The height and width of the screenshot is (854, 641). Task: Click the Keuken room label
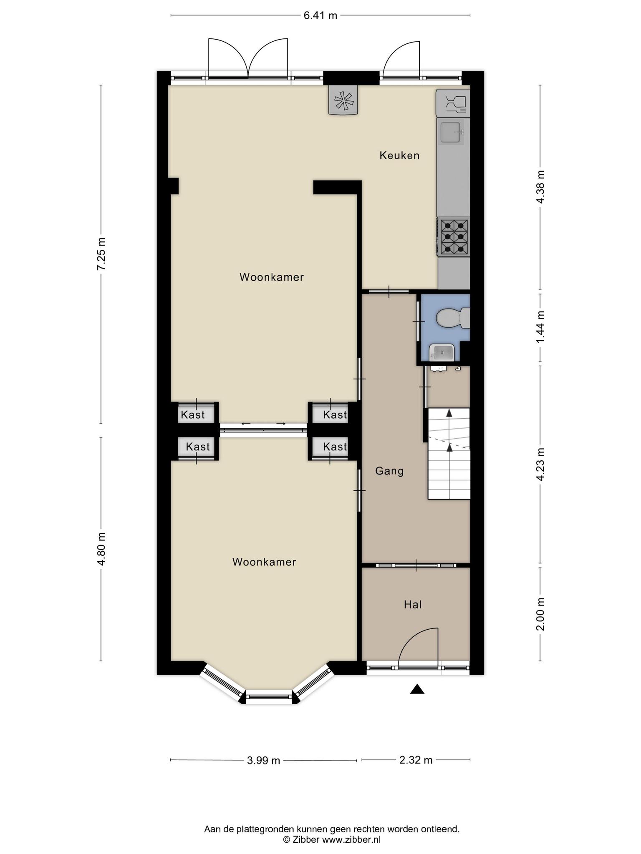[399, 156]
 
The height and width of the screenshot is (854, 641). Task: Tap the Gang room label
[389, 471]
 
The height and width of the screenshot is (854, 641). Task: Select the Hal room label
[413, 604]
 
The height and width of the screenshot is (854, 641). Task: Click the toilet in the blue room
[453, 318]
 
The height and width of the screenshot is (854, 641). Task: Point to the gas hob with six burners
[454, 236]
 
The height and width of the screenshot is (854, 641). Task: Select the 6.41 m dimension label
[320, 16]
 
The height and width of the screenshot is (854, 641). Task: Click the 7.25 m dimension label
[101, 254]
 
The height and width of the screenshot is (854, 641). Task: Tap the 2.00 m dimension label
[540, 614]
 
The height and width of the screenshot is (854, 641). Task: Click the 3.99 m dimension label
[263, 760]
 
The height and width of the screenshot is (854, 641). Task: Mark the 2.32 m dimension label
[416, 760]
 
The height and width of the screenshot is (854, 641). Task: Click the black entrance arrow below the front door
[417, 689]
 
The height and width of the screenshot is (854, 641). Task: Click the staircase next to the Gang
[449, 454]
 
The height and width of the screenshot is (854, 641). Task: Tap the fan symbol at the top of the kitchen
[343, 100]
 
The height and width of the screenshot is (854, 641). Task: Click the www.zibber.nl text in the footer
[351, 839]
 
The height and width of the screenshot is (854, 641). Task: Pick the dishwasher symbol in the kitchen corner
[453, 103]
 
